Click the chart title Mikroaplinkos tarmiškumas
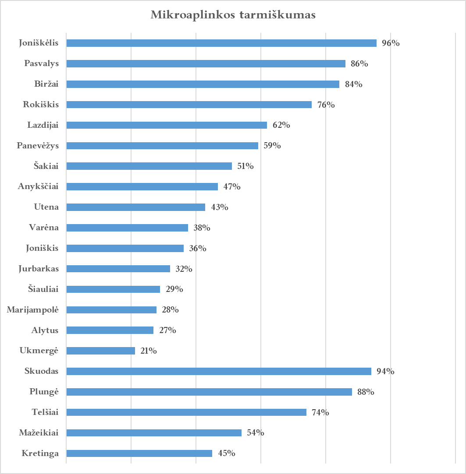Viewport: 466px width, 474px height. [233, 15]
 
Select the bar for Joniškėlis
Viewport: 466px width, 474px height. [221, 43]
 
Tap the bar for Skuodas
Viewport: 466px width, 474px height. [218, 371]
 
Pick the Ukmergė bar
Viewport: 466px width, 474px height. [100, 351]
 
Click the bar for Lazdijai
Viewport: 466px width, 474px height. [166, 125]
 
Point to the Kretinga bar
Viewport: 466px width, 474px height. [139, 453]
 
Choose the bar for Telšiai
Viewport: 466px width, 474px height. [186, 412]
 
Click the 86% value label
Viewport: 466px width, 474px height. [359, 64]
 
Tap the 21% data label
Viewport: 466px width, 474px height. [149, 351]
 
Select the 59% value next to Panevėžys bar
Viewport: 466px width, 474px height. [272, 146]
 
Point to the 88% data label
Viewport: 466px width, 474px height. [365, 392]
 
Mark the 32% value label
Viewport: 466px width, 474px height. [184, 269]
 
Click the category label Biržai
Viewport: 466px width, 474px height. [46, 84]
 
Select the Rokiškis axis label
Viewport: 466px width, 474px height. [41, 105]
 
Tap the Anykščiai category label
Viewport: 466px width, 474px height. [38, 186]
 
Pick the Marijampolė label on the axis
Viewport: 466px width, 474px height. [33, 310]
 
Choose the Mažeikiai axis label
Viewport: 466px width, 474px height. [39, 433]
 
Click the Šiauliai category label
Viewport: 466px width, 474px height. [43, 289]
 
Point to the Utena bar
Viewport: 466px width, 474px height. [135, 207]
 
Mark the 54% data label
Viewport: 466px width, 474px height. [255, 433]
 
